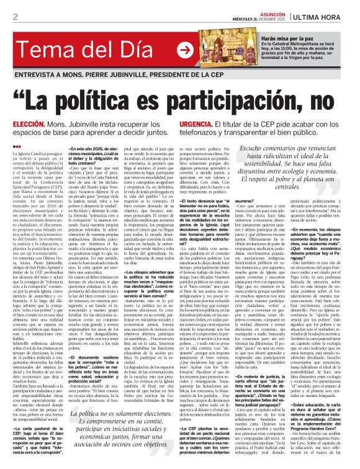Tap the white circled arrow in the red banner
point(184,48)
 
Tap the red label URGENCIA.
point(196,125)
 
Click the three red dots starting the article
point(17,146)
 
